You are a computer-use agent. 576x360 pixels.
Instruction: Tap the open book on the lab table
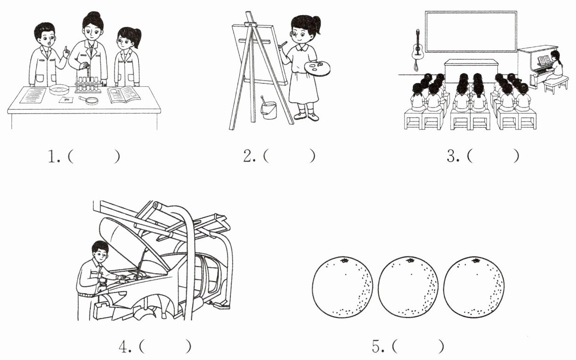(123, 95)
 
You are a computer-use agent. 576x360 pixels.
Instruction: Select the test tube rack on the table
(88, 85)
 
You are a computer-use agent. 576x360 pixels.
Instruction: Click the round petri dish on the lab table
(59, 89)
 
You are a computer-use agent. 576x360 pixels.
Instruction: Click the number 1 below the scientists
(52, 157)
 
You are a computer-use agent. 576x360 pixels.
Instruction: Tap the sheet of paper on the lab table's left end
(34, 95)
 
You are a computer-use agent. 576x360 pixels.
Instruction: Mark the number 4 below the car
(124, 347)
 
